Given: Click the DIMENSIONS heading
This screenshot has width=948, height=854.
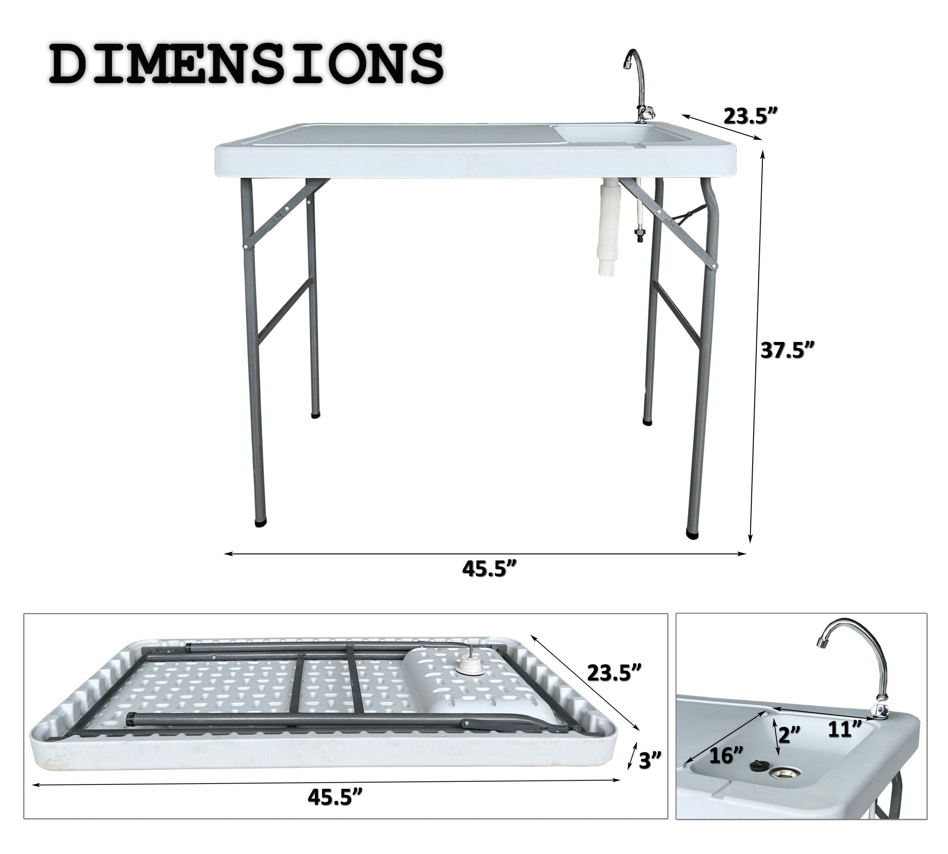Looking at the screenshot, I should (x=246, y=65).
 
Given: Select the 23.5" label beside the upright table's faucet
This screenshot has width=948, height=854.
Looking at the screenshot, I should (x=750, y=116).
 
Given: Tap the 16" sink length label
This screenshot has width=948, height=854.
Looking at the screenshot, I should (x=726, y=755).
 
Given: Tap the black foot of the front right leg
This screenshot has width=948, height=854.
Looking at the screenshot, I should (x=692, y=533).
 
